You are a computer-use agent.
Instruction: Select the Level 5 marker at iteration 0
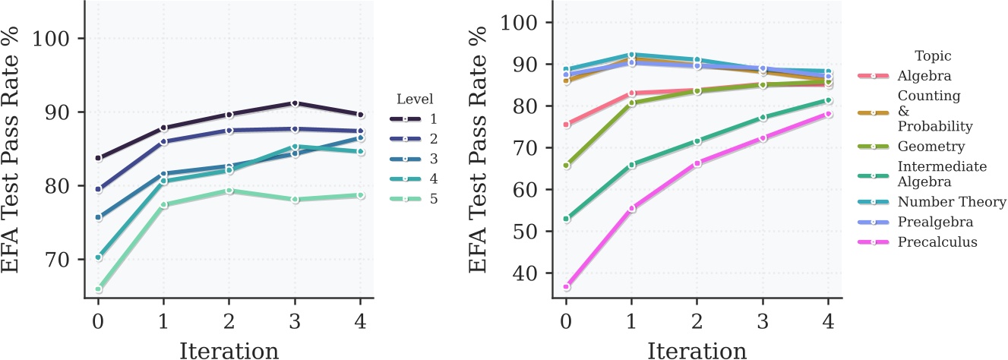[x=98, y=289]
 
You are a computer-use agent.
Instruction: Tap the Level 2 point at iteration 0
[x=98, y=189]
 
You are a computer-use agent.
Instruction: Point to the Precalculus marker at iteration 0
[x=566, y=287]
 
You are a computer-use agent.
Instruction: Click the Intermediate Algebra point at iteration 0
[x=566, y=219]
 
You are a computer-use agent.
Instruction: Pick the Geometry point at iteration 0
[x=566, y=165]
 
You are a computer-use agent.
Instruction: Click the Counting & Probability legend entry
[x=928, y=110]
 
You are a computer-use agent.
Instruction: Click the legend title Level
[x=414, y=99]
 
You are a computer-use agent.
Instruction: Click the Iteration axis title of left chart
[x=228, y=349]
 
